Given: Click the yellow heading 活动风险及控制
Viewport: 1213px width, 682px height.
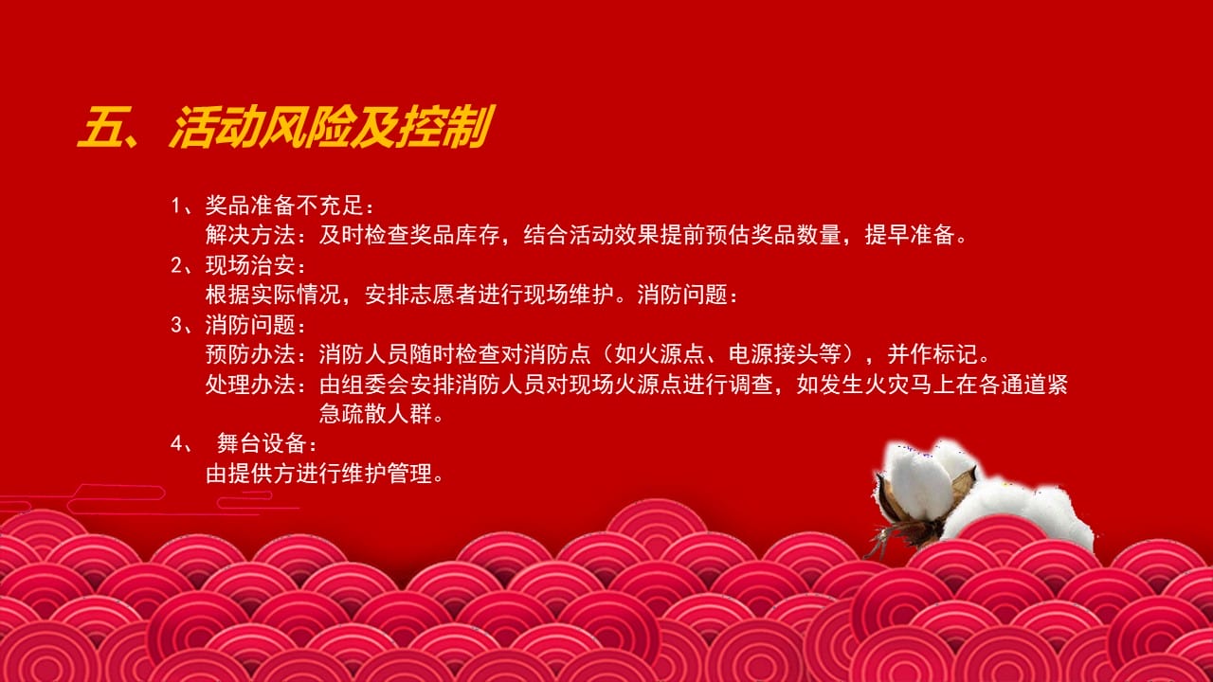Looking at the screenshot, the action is coord(332,127).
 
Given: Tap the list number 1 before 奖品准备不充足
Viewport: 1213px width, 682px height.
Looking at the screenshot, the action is coord(176,206).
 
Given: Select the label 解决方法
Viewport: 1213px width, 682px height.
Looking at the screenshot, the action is coord(250,235).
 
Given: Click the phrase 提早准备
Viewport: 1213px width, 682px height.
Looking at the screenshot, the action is coord(909,235).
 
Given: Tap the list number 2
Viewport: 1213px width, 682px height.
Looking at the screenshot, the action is coord(176,265).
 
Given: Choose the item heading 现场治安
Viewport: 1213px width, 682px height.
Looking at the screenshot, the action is coord(250,265).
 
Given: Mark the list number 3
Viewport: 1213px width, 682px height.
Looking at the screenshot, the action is coord(176,325).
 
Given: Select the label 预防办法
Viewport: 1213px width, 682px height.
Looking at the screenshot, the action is coord(250,354).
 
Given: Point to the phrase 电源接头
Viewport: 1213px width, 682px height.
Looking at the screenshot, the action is coord(773,354).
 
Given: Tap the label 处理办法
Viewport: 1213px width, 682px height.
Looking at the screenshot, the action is coord(250,385).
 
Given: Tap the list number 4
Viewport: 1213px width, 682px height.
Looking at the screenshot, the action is coord(176,444).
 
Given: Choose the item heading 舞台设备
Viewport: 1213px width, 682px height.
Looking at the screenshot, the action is coord(262,444).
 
